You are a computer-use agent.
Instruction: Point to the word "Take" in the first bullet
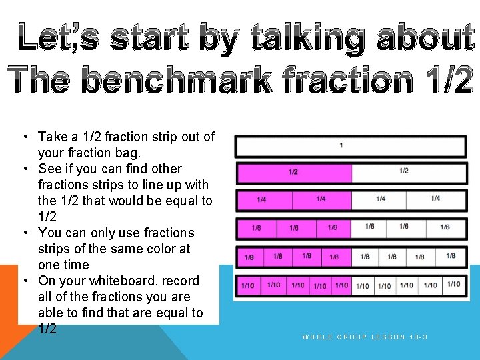pyautogui.click(x=53, y=137)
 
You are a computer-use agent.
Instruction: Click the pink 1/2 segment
pyautogui.click(x=293, y=172)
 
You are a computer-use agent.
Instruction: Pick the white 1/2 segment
pyautogui.click(x=409, y=172)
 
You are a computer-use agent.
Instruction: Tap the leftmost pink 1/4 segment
pyautogui.click(x=264, y=199)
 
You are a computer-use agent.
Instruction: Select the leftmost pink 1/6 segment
pyautogui.click(x=256, y=228)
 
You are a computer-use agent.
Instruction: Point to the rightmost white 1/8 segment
pyautogui.click(x=452, y=256)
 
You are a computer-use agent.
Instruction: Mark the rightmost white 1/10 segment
pyautogui.click(x=455, y=285)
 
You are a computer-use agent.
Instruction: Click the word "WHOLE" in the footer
pyautogui.click(x=318, y=337)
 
